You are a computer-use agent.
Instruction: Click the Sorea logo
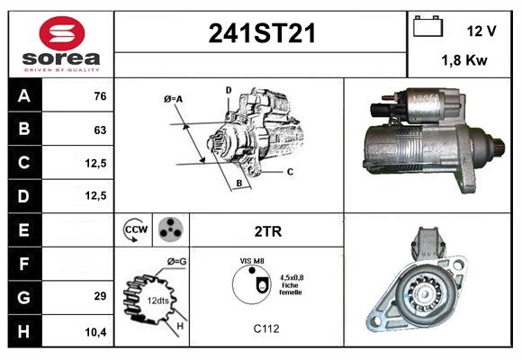(x=61, y=45)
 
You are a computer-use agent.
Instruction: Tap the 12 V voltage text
(x=481, y=31)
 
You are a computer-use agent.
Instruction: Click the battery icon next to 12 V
(x=427, y=28)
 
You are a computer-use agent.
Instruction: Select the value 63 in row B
(x=99, y=130)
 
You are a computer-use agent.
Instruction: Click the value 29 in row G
(x=99, y=296)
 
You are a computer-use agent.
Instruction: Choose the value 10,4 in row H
(x=96, y=332)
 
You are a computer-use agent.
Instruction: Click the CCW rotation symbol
(x=135, y=230)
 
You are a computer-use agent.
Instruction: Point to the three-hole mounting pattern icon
(x=169, y=230)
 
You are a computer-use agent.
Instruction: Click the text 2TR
(x=267, y=231)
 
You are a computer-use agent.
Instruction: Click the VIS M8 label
(x=251, y=260)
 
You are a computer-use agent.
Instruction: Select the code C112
(x=266, y=329)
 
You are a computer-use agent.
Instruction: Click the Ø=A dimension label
(x=173, y=98)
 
